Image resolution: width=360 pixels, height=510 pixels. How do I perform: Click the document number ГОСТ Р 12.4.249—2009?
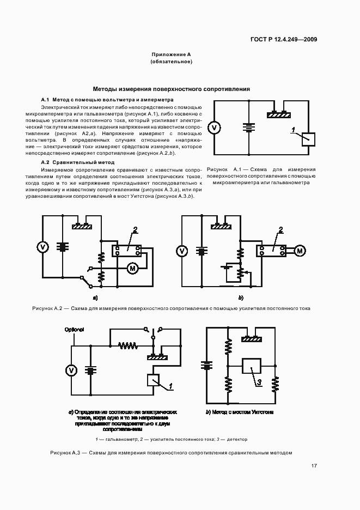(x=283, y=39)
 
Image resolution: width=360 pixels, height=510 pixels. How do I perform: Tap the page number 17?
(x=314, y=466)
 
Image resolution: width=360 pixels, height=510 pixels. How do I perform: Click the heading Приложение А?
(x=171, y=55)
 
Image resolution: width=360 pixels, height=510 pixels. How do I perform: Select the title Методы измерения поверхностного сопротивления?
(x=171, y=88)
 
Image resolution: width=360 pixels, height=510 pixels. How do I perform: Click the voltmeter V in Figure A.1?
(x=215, y=127)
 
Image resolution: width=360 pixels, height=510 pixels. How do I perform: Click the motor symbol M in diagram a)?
(x=132, y=267)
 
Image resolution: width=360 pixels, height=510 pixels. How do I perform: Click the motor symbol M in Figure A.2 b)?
(x=300, y=250)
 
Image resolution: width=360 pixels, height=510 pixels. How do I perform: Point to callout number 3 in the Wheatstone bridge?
(x=259, y=382)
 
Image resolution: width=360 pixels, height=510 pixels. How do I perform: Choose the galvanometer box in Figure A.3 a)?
(x=154, y=380)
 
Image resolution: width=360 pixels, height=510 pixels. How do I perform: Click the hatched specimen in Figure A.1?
(x=279, y=114)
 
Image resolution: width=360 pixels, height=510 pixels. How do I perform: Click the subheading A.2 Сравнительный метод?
(x=78, y=162)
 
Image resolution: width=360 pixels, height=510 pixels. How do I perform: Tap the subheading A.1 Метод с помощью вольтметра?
(x=107, y=100)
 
